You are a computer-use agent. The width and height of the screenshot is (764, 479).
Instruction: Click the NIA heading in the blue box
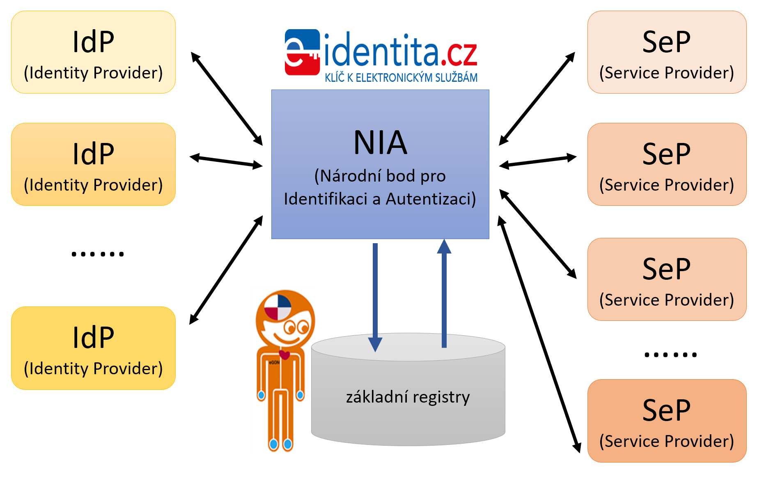(x=380, y=143)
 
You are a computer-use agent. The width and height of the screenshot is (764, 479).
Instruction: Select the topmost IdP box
(x=93, y=52)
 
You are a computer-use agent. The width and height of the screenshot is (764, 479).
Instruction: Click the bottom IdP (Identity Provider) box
(x=93, y=348)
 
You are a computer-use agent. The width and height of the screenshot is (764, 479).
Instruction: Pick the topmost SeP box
(x=667, y=52)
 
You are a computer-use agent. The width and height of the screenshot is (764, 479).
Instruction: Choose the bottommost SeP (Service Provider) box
(x=667, y=421)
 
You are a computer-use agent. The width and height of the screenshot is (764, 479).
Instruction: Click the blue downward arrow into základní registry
(x=375, y=296)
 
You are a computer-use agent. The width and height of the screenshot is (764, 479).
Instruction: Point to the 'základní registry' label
(x=408, y=397)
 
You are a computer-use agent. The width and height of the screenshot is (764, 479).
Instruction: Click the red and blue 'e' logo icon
(x=302, y=52)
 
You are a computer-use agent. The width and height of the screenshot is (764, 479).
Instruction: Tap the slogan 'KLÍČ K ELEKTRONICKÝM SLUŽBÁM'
(x=401, y=78)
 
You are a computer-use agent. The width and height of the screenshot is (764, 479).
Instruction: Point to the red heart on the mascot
(x=284, y=354)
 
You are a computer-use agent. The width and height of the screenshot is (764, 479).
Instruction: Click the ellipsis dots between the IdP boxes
(x=98, y=254)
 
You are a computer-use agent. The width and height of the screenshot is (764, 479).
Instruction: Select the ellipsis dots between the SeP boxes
(x=670, y=355)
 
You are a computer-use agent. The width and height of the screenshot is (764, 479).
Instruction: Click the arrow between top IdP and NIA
(x=227, y=99)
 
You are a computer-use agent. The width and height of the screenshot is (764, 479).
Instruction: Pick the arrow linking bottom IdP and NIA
(x=226, y=270)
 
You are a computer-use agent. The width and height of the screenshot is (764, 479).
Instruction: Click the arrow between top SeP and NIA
(x=537, y=99)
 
